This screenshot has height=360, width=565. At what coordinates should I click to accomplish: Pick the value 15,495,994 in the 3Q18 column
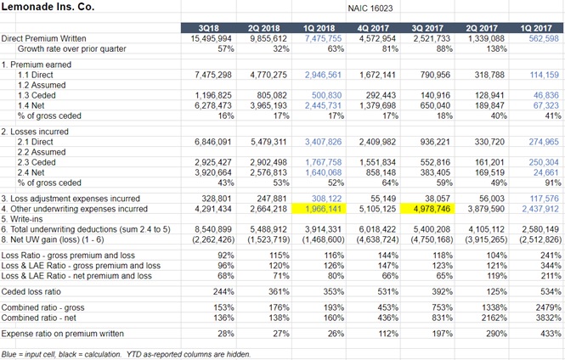[212, 39]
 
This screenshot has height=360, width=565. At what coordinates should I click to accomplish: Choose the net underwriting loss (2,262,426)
[208, 240]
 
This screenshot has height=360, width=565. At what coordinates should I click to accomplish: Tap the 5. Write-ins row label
[26, 218]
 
